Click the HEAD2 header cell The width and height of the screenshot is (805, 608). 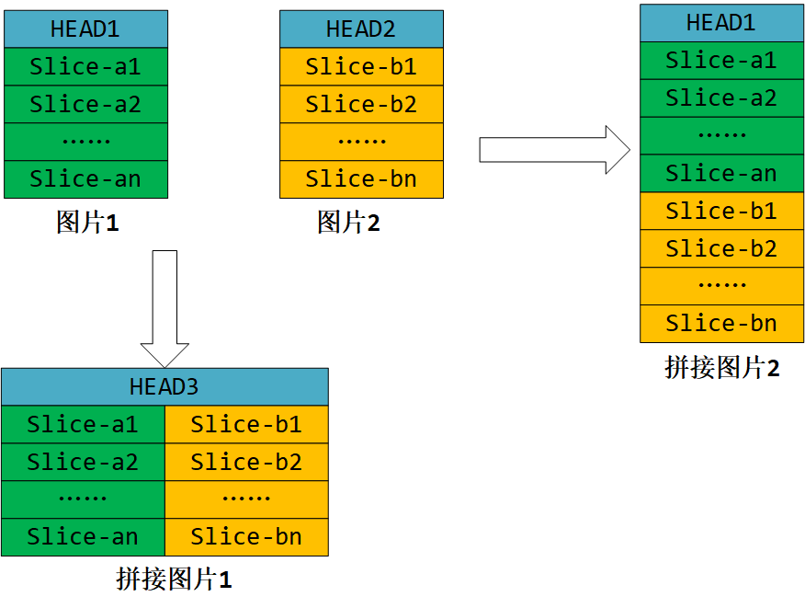[361, 29]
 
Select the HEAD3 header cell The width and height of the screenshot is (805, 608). [164, 387]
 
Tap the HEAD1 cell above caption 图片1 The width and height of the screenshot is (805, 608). [85, 29]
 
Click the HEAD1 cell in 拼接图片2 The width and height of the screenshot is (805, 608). [721, 23]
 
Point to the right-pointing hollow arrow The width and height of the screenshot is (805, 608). [554, 149]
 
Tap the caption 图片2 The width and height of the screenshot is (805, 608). [348, 223]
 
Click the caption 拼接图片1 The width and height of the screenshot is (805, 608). [174, 579]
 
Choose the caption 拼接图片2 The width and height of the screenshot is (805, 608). [721, 368]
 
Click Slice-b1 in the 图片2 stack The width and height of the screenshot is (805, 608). [361, 67]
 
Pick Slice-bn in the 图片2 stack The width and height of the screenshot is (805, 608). [361, 179]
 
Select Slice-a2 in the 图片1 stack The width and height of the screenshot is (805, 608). [85, 105]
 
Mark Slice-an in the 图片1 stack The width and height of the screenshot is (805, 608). [85, 179]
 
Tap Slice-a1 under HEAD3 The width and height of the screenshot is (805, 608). [83, 425]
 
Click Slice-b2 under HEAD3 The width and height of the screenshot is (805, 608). [246, 463]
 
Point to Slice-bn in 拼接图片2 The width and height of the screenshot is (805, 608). [721, 324]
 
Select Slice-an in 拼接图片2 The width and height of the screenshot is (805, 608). [721, 174]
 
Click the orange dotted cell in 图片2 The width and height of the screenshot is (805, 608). [361, 142]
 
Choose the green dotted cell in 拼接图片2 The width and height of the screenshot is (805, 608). [721, 136]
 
